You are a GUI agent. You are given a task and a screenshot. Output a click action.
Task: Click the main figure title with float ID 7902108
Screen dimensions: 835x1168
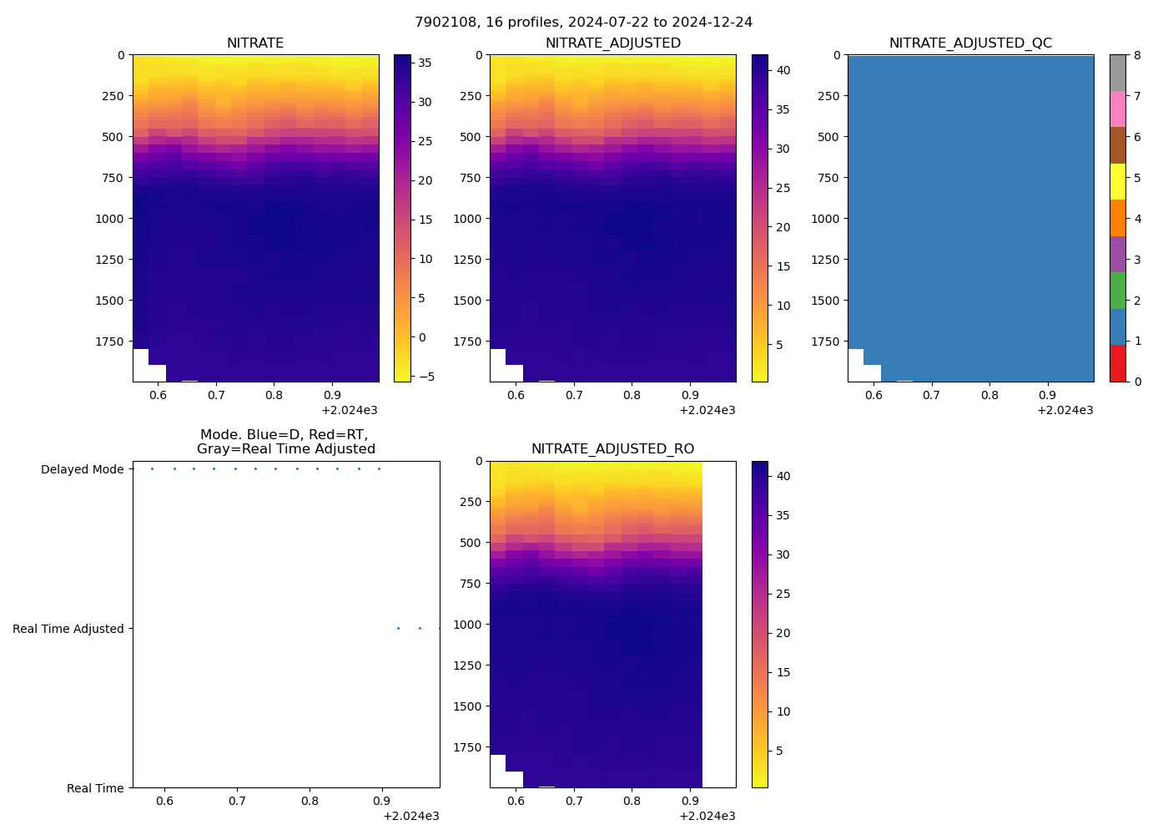(x=583, y=23)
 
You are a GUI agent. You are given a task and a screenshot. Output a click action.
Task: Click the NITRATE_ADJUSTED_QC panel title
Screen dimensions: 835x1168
(x=970, y=43)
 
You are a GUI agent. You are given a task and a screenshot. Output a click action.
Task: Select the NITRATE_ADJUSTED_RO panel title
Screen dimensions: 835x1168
(x=612, y=449)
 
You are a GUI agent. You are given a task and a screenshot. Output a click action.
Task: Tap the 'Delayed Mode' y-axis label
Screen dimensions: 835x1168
(x=82, y=469)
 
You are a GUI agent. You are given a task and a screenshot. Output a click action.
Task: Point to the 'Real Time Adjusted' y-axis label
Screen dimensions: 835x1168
(x=68, y=629)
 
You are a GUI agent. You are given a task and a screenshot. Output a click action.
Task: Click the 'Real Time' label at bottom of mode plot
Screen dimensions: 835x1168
(x=95, y=788)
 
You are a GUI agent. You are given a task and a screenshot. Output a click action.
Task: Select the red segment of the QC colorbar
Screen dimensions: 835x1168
(x=1117, y=364)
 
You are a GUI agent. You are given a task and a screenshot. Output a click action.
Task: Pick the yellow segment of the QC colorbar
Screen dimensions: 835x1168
(x=1117, y=182)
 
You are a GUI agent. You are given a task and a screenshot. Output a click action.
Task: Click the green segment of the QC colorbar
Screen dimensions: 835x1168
(x=1117, y=291)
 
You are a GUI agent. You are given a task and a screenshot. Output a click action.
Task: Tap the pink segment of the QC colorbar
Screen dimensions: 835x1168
(x=1117, y=109)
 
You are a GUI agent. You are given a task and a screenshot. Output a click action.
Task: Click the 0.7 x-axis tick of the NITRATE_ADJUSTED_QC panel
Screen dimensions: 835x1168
(x=931, y=395)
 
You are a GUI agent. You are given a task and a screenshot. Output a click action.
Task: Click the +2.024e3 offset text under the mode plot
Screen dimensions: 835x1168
(x=411, y=816)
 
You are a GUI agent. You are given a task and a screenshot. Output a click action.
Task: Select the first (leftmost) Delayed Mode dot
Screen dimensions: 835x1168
(x=152, y=468)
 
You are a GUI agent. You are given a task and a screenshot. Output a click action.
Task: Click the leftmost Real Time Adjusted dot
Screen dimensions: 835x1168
(x=398, y=628)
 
